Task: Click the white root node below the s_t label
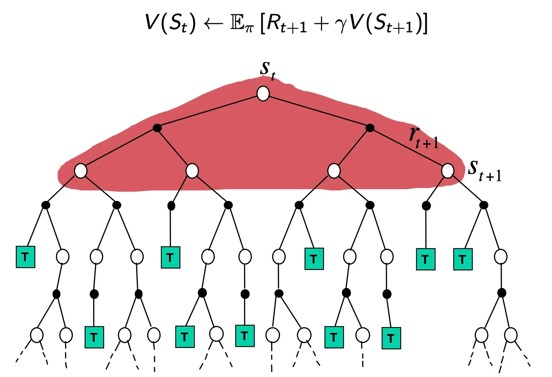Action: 263,93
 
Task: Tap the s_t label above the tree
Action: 268,71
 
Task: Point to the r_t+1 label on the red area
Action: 424,137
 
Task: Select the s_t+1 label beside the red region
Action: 485,170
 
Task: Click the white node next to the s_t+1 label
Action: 447,171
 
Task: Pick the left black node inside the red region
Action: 157,128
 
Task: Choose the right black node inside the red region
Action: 370,128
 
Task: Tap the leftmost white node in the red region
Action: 81,171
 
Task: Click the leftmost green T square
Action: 25,257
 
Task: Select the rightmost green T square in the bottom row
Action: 391,338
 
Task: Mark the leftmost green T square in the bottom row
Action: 94,337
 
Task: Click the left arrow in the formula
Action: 213,24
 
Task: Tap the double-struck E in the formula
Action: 237,24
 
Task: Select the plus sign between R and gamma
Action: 321,24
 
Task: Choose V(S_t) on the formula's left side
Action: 170,24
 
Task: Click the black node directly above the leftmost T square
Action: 46,205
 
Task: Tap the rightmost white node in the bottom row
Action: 511,335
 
